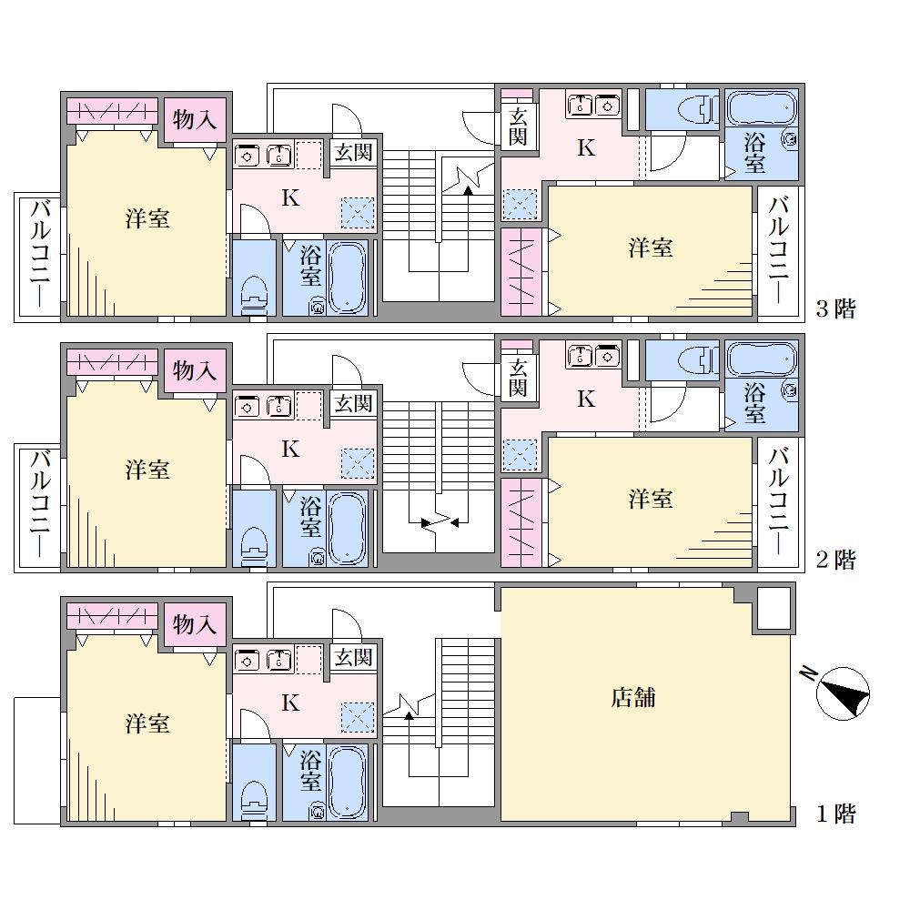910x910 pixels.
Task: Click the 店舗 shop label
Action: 632,697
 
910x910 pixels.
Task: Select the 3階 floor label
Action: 835,308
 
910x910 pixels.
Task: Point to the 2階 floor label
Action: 835,560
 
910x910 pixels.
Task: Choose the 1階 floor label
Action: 835,814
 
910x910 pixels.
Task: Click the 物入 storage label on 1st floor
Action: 195,625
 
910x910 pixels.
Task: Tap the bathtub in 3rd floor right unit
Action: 762,106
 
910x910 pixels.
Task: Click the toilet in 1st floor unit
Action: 254,801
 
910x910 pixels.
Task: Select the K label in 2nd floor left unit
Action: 290,449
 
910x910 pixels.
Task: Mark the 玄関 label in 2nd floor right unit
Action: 518,378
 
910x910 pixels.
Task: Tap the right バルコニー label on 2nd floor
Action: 778,500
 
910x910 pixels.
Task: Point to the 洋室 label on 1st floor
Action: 147,723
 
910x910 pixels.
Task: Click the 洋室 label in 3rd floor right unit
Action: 650,248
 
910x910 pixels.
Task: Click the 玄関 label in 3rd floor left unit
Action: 353,153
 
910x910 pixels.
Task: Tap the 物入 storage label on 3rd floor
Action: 195,120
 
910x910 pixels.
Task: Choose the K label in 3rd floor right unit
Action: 586,148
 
